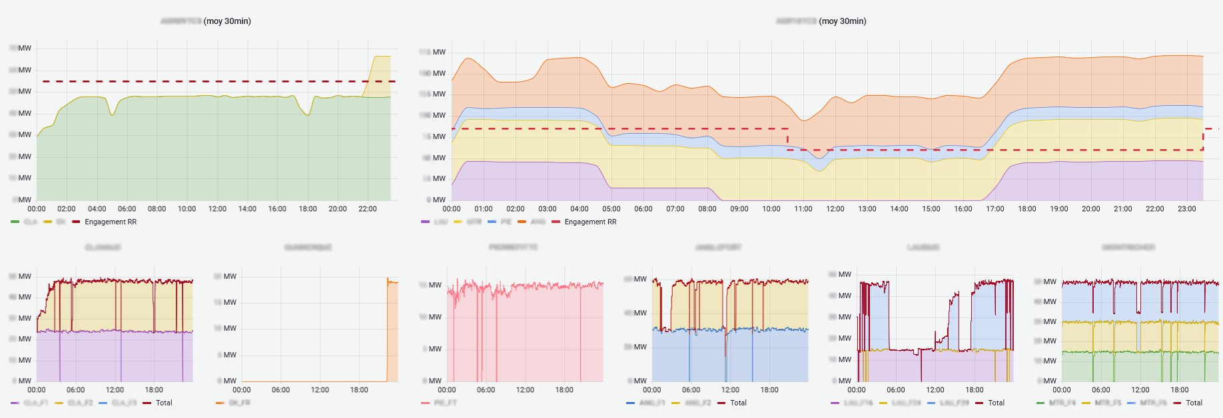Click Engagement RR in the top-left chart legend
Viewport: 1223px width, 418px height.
pos(110,222)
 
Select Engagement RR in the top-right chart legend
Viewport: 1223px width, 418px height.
pos(590,222)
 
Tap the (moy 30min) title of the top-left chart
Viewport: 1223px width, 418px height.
pos(227,21)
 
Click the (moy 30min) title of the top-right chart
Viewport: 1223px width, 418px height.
pos(843,21)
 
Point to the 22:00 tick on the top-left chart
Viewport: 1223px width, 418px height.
pos(368,209)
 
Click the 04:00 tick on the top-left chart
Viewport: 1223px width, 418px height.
pos(97,209)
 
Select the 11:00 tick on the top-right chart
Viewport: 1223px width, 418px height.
pos(803,209)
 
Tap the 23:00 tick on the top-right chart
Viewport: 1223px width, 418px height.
pos(1187,209)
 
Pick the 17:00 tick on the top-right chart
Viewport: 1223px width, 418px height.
pos(995,209)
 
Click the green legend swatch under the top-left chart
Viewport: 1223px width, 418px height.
pos(15,222)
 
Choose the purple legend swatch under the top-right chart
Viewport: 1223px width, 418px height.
pos(426,222)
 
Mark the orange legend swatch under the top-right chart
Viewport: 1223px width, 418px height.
pos(522,222)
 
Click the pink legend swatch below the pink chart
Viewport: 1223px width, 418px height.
pos(426,403)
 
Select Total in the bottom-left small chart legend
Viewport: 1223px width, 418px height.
pos(164,403)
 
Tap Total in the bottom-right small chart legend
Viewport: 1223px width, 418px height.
pos(1194,403)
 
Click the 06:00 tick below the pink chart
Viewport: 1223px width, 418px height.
pos(486,390)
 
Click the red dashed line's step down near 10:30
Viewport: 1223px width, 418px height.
pos(787,139)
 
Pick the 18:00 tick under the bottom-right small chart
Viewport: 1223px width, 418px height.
pos(1180,390)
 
